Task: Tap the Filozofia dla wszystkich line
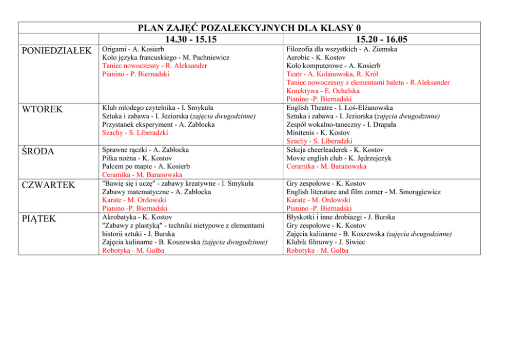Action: point(342,49)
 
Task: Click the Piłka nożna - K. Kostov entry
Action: point(138,158)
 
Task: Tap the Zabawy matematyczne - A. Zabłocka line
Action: point(146,192)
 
